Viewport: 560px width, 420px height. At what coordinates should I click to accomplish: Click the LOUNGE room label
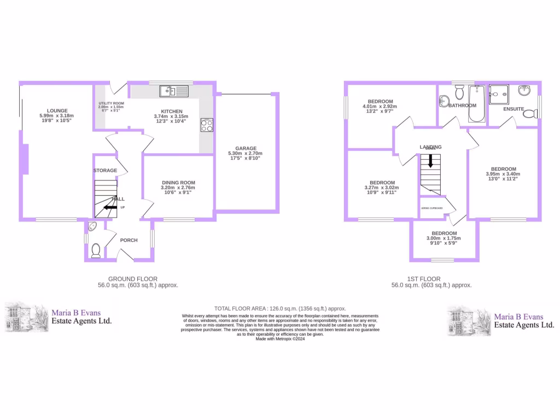coord(56,110)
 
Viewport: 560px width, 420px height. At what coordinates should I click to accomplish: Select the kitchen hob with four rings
coord(207,125)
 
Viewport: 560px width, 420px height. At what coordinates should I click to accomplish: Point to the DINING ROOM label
coord(178,183)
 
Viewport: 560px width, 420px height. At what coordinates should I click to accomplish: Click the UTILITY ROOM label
coord(111,103)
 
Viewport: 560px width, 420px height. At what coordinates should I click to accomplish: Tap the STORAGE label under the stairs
coord(105,171)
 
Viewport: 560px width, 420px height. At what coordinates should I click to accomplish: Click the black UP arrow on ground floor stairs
coord(111,207)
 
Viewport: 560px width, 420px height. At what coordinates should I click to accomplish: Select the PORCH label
coord(129,240)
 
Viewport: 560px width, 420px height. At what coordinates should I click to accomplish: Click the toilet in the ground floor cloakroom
coord(96,250)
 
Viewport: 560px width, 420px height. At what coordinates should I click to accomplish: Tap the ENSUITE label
coord(514,109)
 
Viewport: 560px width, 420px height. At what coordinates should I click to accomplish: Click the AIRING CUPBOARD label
coord(431,208)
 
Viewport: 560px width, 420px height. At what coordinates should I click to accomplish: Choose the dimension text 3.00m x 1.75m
coord(444,238)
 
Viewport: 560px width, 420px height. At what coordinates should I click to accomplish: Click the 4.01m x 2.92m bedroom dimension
coord(380,107)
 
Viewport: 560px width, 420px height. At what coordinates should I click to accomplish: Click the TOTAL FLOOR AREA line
coord(281,308)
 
